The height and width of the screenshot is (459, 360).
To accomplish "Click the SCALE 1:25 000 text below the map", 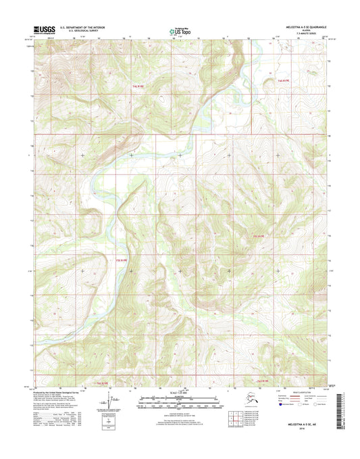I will tap(179, 393).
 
